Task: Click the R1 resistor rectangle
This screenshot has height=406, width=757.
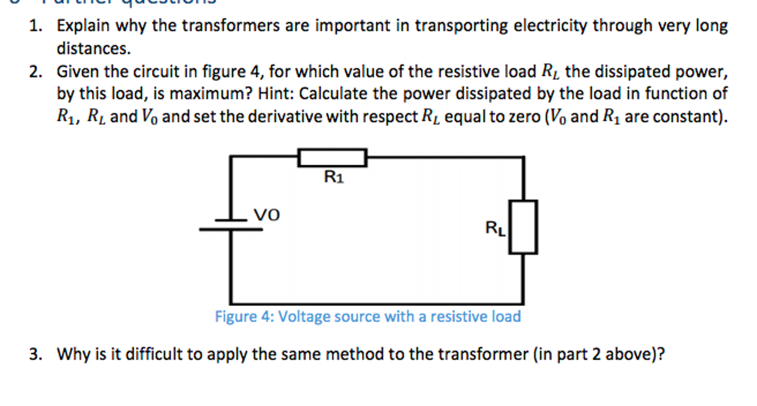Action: click(x=332, y=158)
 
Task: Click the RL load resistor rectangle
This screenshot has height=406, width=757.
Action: click(x=523, y=227)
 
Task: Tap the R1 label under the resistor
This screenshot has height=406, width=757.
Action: click(x=334, y=177)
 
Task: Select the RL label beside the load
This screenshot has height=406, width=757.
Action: click(x=495, y=228)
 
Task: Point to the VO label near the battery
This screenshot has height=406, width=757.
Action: click(x=267, y=215)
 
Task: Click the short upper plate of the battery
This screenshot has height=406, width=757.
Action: click(x=231, y=220)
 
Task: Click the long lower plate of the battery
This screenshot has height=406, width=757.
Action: click(x=231, y=230)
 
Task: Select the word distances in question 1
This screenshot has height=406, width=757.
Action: click(x=93, y=49)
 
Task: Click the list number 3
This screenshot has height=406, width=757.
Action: click(x=36, y=354)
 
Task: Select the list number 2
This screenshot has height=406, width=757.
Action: click(x=36, y=72)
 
